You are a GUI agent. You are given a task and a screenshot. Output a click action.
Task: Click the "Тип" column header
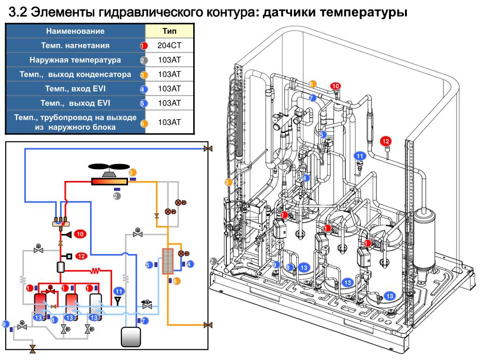tap(169, 31)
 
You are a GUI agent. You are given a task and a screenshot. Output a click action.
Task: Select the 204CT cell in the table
tap(169, 46)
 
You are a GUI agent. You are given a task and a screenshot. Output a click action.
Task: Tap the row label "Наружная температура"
tap(75, 60)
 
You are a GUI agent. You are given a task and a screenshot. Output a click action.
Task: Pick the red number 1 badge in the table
tap(144, 46)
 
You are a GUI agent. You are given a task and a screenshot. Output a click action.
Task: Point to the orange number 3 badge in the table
tap(144, 75)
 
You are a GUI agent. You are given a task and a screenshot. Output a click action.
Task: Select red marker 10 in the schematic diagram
tap(80, 233)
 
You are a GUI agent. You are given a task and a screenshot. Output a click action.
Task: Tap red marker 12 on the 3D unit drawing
tap(386, 141)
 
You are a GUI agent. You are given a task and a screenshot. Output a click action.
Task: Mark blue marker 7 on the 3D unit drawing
tap(313, 98)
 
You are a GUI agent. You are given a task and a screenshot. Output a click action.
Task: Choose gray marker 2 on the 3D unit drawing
tap(214, 262)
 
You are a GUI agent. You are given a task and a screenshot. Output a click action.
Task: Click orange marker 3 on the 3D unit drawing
tap(228, 182)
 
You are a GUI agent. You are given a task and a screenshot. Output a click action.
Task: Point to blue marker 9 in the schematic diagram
tap(5, 323)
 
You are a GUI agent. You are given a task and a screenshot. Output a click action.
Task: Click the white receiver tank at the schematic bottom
tap(131, 335)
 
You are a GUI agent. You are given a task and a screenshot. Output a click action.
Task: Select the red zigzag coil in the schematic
tap(96, 270)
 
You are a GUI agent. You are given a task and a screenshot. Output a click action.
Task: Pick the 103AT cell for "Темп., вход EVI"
tap(169, 89)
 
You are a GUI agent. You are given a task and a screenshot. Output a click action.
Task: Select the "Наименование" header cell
tap(75, 31)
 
